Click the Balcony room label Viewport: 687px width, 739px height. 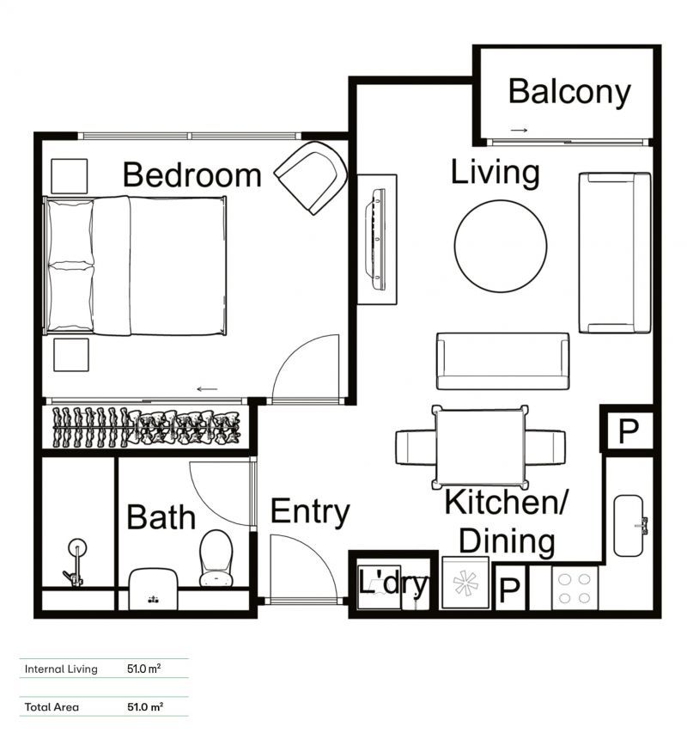(x=568, y=91)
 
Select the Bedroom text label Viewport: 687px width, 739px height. (x=192, y=174)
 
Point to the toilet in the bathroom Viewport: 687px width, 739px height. (x=216, y=558)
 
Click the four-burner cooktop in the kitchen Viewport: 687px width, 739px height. (x=575, y=589)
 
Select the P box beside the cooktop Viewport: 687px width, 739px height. (x=509, y=589)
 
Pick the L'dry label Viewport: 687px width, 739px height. (x=392, y=584)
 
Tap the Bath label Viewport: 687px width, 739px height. (x=161, y=517)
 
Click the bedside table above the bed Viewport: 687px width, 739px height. (x=69, y=176)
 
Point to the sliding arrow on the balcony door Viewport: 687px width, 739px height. (x=519, y=131)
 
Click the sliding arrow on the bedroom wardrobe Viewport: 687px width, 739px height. (x=206, y=389)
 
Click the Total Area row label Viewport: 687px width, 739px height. (x=52, y=707)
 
